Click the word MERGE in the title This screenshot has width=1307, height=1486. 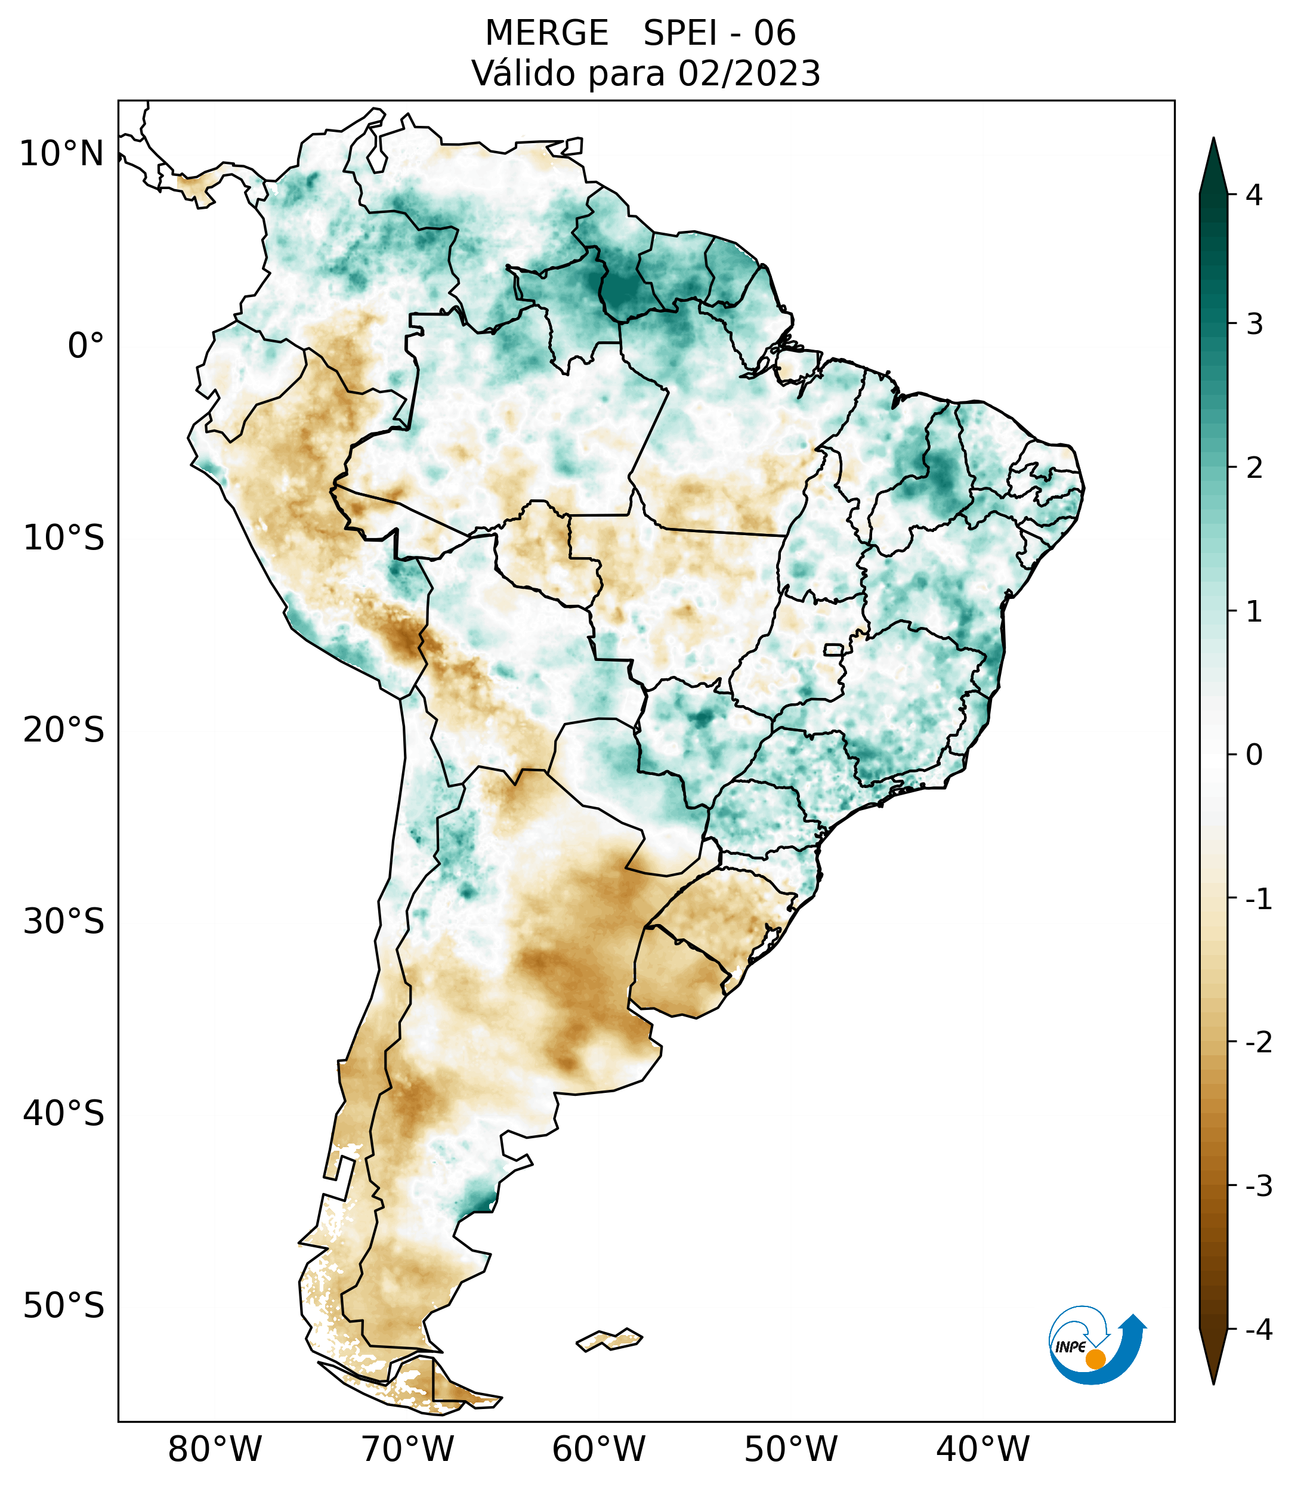(x=546, y=33)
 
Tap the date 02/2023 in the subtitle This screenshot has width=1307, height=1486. (x=749, y=73)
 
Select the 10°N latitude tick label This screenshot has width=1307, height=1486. (x=61, y=154)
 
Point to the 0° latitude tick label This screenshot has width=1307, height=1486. (x=85, y=346)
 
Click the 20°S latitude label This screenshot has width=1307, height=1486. (x=63, y=730)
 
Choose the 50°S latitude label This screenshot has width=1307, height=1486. (x=63, y=1306)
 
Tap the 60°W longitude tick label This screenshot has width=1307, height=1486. (x=598, y=1449)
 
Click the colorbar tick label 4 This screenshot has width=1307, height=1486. (x=1254, y=195)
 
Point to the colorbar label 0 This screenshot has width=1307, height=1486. (x=1254, y=755)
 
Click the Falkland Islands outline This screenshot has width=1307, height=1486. (x=609, y=1339)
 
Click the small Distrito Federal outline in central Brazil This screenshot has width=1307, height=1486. (x=834, y=648)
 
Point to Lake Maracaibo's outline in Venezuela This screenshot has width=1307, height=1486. (x=376, y=153)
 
